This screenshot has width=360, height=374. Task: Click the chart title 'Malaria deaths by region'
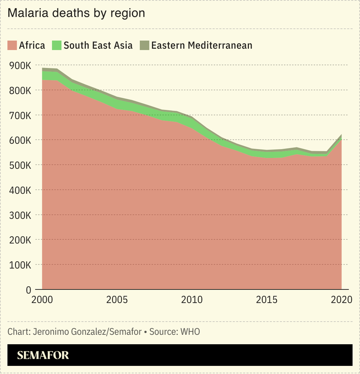pyautogui.click(x=76, y=13)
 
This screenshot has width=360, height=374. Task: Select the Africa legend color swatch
pyautogui.click(x=12, y=45)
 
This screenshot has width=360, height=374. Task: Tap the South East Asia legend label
pyautogui.click(x=98, y=45)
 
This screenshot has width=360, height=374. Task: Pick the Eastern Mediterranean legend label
pyautogui.click(x=202, y=45)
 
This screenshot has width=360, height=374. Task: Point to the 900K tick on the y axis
pyautogui.click(x=20, y=65)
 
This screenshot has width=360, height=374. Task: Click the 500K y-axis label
pyautogui.click(x=20, y=165)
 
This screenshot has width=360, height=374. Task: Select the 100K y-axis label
pyautogui.click(x=20, y=265)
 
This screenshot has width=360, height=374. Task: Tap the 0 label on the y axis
pyautogui.click(x=27, y=289)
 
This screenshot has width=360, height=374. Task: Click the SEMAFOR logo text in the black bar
pyautogui.click(x=43, y=355)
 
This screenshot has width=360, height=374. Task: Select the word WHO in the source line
pyautogui.click(x=190, y=332)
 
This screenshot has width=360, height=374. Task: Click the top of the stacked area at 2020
pyautogui.click(x=341, y=135)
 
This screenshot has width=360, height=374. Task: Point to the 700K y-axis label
pyautogui.click(x=20, y=115)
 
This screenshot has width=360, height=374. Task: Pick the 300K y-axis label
pyautogui.click(x=20, y=215)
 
